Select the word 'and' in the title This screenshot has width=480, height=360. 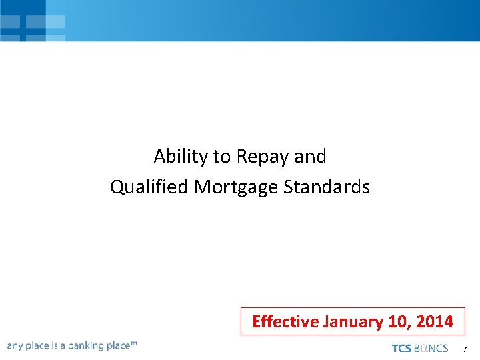(311, 157)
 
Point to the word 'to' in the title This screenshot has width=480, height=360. (221, 157)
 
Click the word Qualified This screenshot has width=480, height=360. (149, 187)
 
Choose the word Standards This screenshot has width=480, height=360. (327, 187)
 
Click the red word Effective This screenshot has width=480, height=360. (285, 322)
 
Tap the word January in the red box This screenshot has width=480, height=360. (352, 322)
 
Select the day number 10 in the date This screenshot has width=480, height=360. (398, 322)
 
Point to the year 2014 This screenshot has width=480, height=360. (435, 322)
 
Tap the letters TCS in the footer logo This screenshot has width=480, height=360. (401, 349)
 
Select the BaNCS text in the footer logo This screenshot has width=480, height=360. (431, 349)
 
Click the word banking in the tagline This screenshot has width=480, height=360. (88, 346)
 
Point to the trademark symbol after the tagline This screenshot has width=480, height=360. (134, 343)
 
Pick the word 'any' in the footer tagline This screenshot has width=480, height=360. (15, 346)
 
